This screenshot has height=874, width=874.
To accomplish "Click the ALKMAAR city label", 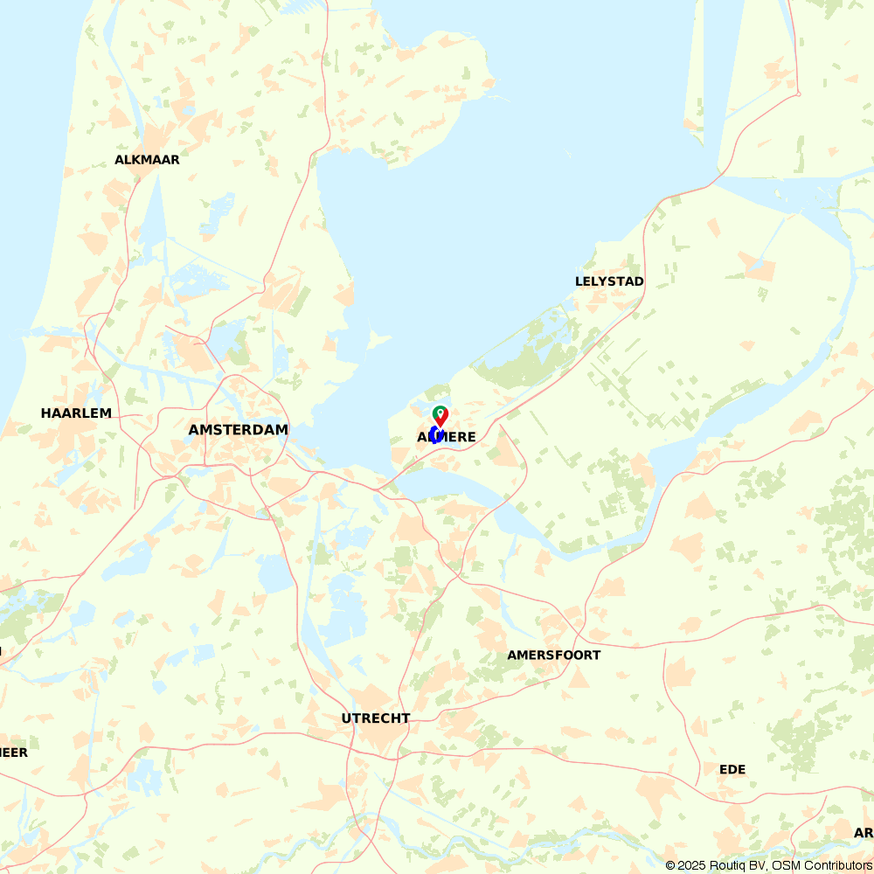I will tap(147, 160).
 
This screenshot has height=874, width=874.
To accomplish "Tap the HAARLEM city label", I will tap(76, 413).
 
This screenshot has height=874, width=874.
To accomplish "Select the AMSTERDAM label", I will tap(239, 430).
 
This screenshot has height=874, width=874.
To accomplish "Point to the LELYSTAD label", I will tap(609, 281).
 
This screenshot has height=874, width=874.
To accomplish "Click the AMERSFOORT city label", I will tap(554, 655).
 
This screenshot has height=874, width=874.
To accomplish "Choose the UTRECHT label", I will tap(376, 718).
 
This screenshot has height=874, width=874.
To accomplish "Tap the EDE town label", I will tap(732, 769).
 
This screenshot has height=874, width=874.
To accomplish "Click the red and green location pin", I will tap(440, 416).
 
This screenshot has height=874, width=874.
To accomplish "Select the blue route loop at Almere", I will tap(434, 435).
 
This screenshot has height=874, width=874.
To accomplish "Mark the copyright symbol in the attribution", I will tap(670, 865).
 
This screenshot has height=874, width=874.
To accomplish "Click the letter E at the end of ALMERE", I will tap(471, 437).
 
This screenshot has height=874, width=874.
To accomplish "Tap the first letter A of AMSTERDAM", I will tap(194, 430).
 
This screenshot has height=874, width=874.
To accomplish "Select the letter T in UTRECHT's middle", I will tap(357, 718).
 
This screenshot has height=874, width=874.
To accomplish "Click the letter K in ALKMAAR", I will tap(136, 160).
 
